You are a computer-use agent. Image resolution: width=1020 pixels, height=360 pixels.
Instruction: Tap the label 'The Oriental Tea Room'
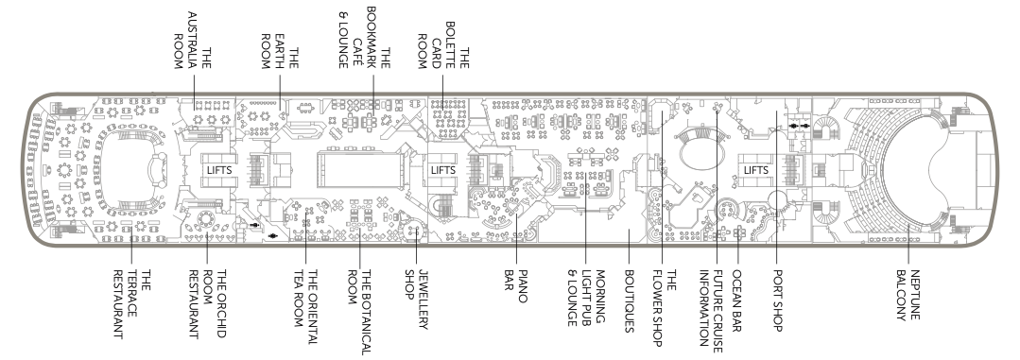pyautogui.click(x=305, y=303)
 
